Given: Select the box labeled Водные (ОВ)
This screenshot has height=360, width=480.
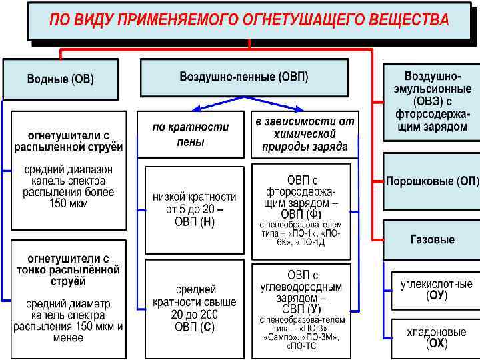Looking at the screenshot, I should pos(60,79).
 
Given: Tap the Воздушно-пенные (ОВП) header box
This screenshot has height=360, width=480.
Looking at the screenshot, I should pos(244,77).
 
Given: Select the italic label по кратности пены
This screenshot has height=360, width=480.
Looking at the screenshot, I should pos(191,134).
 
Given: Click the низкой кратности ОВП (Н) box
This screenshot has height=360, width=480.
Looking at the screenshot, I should pos(191,209).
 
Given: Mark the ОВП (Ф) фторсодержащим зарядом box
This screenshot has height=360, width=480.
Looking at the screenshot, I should pos(301,208).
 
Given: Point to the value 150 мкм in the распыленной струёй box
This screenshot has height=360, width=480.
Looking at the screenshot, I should pos(68,204).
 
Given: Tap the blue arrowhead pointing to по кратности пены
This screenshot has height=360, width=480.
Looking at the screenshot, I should pos(196,109).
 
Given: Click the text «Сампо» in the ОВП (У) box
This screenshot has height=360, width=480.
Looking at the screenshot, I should pos(278,337).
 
